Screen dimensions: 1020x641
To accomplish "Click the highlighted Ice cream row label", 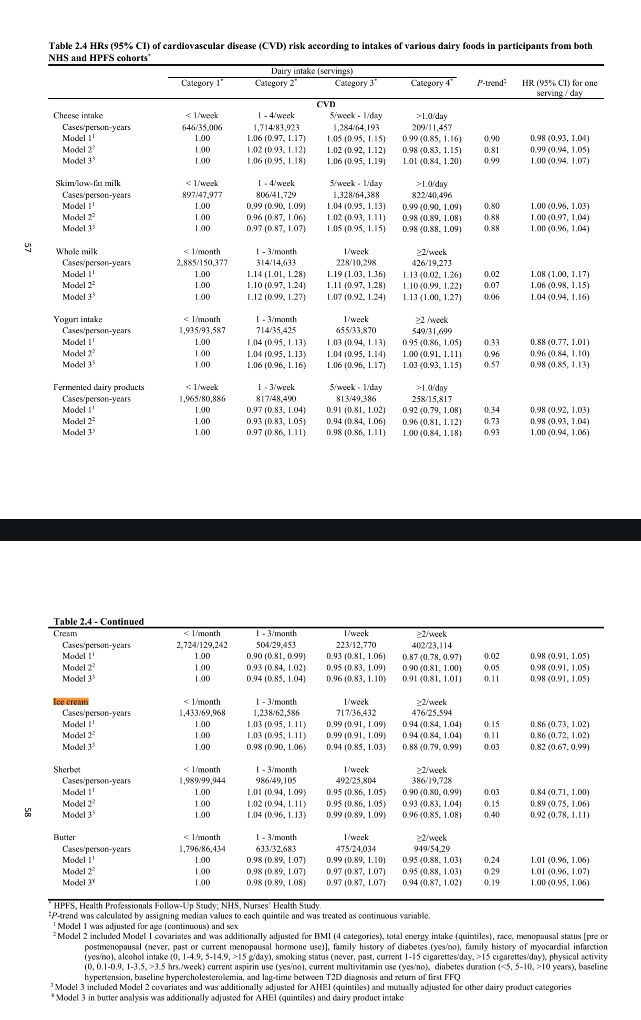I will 71,702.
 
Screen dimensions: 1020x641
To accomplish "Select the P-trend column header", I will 491,83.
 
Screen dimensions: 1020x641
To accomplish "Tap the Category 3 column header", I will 356,83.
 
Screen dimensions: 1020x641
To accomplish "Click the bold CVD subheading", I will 326,104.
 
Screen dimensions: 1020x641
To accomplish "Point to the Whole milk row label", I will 77,252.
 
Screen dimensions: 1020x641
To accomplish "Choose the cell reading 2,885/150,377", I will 202,263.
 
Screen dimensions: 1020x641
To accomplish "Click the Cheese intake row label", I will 78,116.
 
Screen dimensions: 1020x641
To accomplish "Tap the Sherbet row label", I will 67,769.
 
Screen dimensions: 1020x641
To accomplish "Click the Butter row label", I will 64,837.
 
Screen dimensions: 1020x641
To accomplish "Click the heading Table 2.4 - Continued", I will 98,621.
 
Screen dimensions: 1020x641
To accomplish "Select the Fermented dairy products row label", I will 99,387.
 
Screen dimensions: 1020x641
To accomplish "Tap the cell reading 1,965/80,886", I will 202,399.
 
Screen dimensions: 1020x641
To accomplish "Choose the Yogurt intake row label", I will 78,320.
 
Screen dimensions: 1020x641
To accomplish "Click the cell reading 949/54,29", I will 432,849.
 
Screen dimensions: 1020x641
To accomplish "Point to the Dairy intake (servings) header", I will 312,71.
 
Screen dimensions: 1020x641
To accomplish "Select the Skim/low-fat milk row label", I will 88,183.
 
